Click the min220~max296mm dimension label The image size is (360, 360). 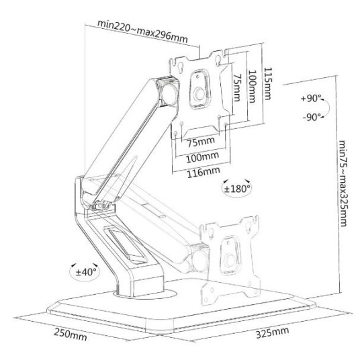142,32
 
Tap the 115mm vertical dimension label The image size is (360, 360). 268,83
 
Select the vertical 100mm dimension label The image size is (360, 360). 252,87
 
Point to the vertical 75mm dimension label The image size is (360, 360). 237,88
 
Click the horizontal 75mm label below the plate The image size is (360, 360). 201,142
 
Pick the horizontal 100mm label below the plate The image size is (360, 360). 202,157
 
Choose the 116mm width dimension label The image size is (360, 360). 204,172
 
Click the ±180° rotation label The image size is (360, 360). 237,189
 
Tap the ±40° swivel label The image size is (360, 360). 87,272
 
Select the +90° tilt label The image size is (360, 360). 312,99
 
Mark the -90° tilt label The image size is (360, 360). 312,117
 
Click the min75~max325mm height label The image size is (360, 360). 343,183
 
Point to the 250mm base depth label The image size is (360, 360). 71,335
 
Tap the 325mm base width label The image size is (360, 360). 272,332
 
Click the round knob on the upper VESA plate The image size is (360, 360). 199,94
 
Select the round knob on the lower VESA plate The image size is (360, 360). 230,261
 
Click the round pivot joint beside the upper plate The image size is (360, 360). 170,94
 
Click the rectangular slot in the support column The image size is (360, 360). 125,244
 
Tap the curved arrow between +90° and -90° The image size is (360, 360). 328,108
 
